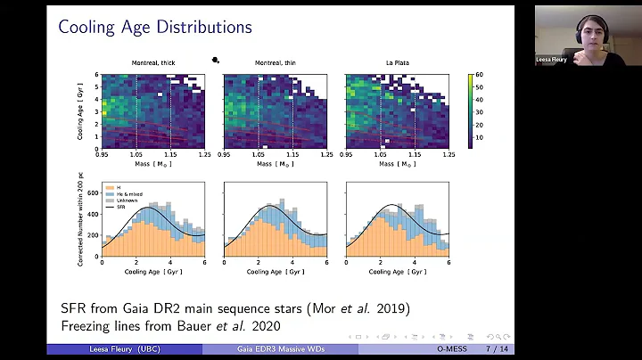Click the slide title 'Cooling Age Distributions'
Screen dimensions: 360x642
click(x=155, y=28)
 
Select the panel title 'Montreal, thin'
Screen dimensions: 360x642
click(x=275, y=62)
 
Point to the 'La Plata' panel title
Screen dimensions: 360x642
click(x=397, y=62)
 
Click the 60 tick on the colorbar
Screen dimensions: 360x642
click(x=480, y=75)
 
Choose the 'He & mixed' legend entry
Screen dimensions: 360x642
click(x=122, y=192)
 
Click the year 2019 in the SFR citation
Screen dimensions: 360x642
click(x=395, y=308)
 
